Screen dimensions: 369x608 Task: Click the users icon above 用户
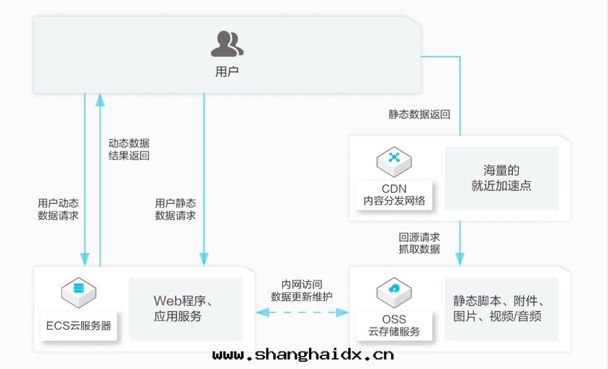pos(227,44)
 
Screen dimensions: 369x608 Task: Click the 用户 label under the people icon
pos(227,72)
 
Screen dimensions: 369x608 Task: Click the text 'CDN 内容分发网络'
pos(394,195)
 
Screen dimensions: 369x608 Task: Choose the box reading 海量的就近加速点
pos(501,178)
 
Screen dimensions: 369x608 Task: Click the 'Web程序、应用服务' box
pos(186,308)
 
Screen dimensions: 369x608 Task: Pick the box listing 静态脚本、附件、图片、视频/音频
pos(501,308)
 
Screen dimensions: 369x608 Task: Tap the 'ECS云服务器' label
pos(78,326)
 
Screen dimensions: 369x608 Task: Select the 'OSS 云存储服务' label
pos(394,326)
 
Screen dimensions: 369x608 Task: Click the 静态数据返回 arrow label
pos(419,115)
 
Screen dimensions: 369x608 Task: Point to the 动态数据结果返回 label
pos(128,149)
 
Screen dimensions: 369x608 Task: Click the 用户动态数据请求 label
pos(58,210)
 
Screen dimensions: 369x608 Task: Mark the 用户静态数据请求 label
pos(176,210)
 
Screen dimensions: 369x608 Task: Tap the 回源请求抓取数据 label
pos(419,243)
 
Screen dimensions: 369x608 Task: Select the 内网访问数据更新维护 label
pos(302,291)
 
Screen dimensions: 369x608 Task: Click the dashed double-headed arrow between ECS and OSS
pos(302,312)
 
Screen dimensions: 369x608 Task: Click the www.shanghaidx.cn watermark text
pos(303,355)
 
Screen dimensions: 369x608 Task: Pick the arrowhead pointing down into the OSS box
pos(460,260)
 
